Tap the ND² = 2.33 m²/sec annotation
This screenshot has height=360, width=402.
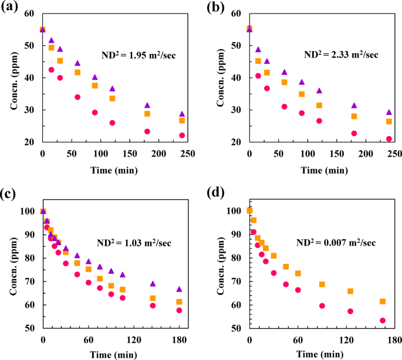point(341,55)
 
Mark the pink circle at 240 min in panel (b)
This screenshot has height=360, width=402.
point(389,139)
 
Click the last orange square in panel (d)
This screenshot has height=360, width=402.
point(383,301)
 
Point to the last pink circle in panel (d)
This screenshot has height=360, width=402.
point(383,321)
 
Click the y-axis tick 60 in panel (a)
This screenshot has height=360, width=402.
point(29,13)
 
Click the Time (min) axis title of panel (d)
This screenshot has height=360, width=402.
point(320,354)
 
